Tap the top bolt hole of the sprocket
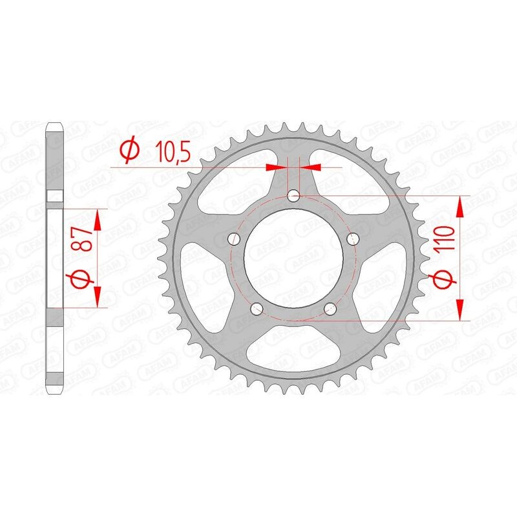(294, 195)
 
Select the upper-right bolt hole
(353, 239)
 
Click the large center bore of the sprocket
(294, 258)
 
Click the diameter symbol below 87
(81, 280)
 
